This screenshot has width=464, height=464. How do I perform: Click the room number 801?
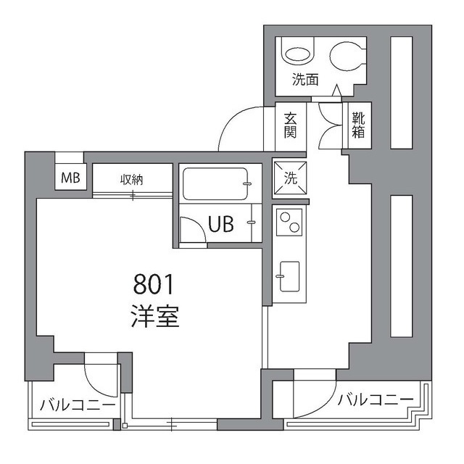[153, 284]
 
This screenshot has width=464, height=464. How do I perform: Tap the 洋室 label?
[155, 316]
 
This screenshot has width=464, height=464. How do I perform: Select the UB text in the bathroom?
[221, 224]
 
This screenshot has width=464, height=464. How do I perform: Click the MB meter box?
[70, 177]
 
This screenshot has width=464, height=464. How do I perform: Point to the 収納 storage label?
[132, 180]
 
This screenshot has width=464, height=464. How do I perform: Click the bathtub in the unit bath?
[215, 183]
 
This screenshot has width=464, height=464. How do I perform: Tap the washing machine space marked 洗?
[290, 178]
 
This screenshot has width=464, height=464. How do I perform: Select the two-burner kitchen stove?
[289, 223]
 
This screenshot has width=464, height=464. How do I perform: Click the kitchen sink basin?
[289, 276]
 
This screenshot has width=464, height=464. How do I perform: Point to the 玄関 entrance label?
[290, 125]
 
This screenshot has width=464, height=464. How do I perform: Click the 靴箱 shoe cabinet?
[359, 125]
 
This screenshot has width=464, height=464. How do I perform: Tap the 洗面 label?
[305, 80]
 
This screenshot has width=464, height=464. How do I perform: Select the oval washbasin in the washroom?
[299, 54]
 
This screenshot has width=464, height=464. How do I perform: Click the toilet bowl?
[347, 56]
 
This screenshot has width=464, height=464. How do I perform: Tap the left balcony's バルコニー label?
[78, 405]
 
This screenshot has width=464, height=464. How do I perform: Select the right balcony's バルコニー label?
[376, 399]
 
